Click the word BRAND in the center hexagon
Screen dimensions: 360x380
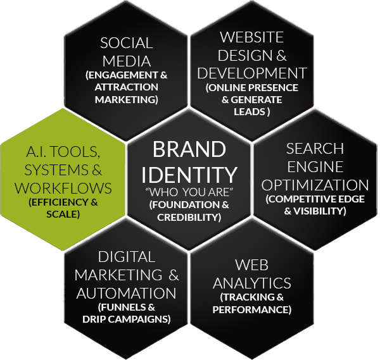(x=189, y=151)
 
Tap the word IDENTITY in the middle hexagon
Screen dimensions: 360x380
(x=189, y=173)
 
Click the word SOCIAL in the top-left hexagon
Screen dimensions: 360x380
(x=127, y=44)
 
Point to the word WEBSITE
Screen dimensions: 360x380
(x=253, y=37)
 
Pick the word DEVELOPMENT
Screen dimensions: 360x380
(x=253, y=72)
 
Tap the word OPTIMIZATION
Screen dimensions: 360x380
(x=315, y=185)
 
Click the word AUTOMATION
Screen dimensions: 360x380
(x=127, y=294)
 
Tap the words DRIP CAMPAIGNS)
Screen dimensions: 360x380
(x=126, y=319)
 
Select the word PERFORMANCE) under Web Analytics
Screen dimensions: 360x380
(x=252, y=309)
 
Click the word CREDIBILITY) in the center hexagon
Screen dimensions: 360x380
(x=190, y=217)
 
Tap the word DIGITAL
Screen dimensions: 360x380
(x=127, y=257)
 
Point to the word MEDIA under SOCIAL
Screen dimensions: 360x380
(x=127, y=61)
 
